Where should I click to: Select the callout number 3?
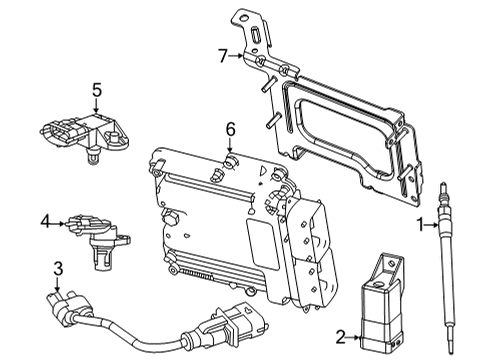coord(58,268)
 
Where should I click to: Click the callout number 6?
coord(229,128)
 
